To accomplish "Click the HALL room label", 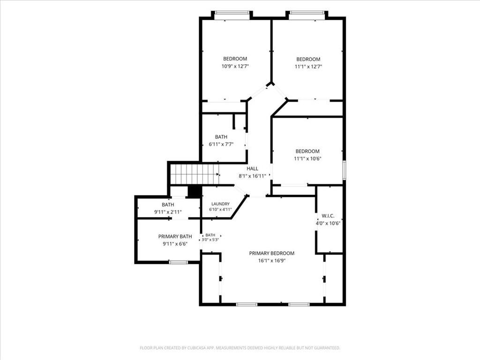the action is pos(252,168).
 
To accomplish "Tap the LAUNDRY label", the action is pos(220,204).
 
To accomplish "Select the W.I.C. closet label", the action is pos(328,216).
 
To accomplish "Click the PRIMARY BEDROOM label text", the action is pos(271,253).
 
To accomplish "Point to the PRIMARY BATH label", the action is pos(175,236).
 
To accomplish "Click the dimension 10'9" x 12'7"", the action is pos(235,66).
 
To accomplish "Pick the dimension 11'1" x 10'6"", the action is pos(307,158).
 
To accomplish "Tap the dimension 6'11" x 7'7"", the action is pos(221,144).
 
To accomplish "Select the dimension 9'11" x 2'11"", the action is pos(168,212).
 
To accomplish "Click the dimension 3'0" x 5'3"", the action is pos(210,240).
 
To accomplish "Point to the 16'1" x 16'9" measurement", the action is pos(272,261).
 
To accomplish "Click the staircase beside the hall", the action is pos(195,174).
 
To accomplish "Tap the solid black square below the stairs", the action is pos(194,192).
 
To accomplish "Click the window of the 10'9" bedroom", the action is pos(232,13).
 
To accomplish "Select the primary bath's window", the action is pos(178,262).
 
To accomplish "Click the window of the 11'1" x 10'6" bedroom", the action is pos(344,170).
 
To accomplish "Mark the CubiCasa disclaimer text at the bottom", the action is pos(240,348).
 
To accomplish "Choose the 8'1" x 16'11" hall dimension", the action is pos(252,176).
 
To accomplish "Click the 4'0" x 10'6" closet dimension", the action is pos(328,223).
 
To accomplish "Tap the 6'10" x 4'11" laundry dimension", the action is pos(220,210).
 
